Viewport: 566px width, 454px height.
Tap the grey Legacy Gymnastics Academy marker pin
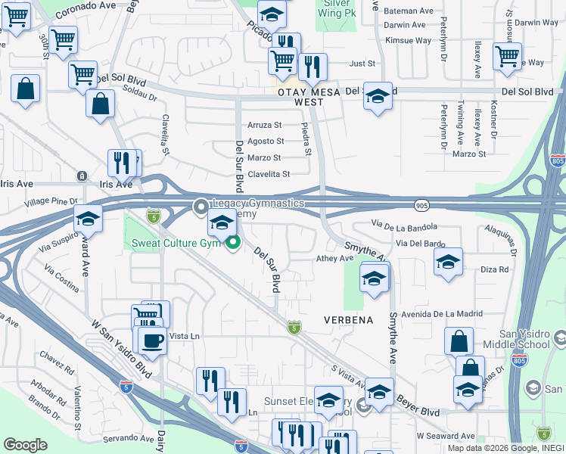coord(201,206)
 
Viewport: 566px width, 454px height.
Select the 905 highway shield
coord(422,205)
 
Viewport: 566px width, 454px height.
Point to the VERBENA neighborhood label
coord(349,320)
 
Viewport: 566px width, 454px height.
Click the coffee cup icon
coord(152,340)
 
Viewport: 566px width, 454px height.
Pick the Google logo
coord(25,445)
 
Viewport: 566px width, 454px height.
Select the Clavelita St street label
coord(269,175)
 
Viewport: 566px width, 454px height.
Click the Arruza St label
coord(265,125)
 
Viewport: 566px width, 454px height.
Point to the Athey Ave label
coord(334,258)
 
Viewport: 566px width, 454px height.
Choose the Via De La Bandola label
coord(405,225)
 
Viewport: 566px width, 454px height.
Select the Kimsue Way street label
coord(407,40)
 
